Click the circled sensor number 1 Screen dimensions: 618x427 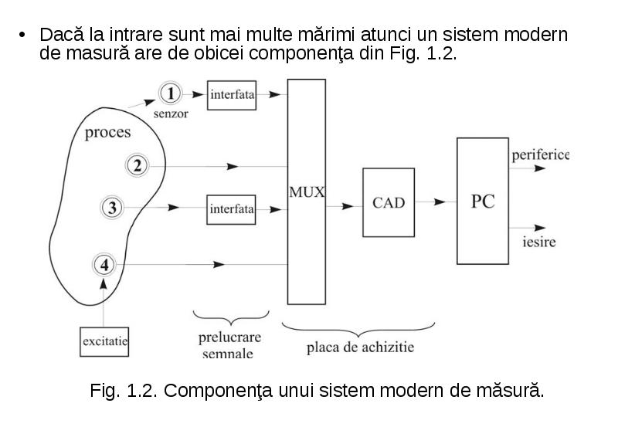click(x=170, y=93)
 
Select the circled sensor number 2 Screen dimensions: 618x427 click(x=137, y=165)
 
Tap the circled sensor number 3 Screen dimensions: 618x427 click(x=112, y=207)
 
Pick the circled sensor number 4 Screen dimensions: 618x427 click(x=104, y=265)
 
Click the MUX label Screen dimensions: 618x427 click(x=307, y=192)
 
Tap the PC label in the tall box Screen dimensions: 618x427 click(x=483, y=202)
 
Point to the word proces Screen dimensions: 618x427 click(x=107, y=133)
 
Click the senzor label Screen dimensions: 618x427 click(x=171, y=114)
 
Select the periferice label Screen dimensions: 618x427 click(x=540, y=154)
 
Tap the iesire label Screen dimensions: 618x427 click(x=539, y=242)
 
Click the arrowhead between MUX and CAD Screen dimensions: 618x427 click(x=348, y=206)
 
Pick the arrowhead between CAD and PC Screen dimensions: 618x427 click(x=439, y=202)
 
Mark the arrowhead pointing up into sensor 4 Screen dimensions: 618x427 click(x=104, y=284)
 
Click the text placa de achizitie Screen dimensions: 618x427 click(x=360, y=347)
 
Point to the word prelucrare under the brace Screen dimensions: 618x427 click(x=229, y=337)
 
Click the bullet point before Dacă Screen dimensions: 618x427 click(x=22, y=35)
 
